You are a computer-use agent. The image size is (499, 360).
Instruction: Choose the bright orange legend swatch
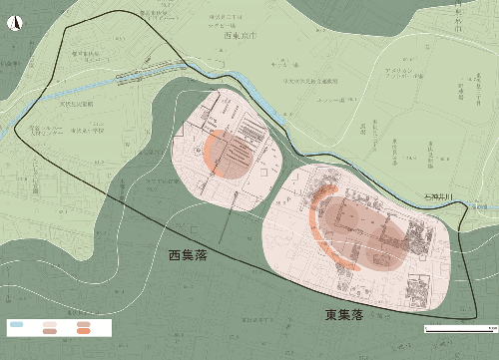84,326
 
